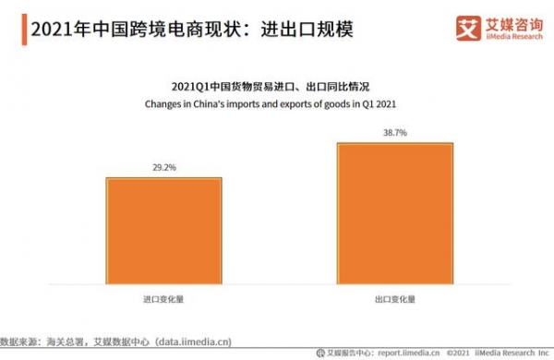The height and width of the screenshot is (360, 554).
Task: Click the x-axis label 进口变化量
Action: pos(163,300)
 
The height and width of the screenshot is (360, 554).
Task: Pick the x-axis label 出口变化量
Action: pos(395,300)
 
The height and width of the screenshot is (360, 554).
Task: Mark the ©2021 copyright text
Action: pos(460,352)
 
